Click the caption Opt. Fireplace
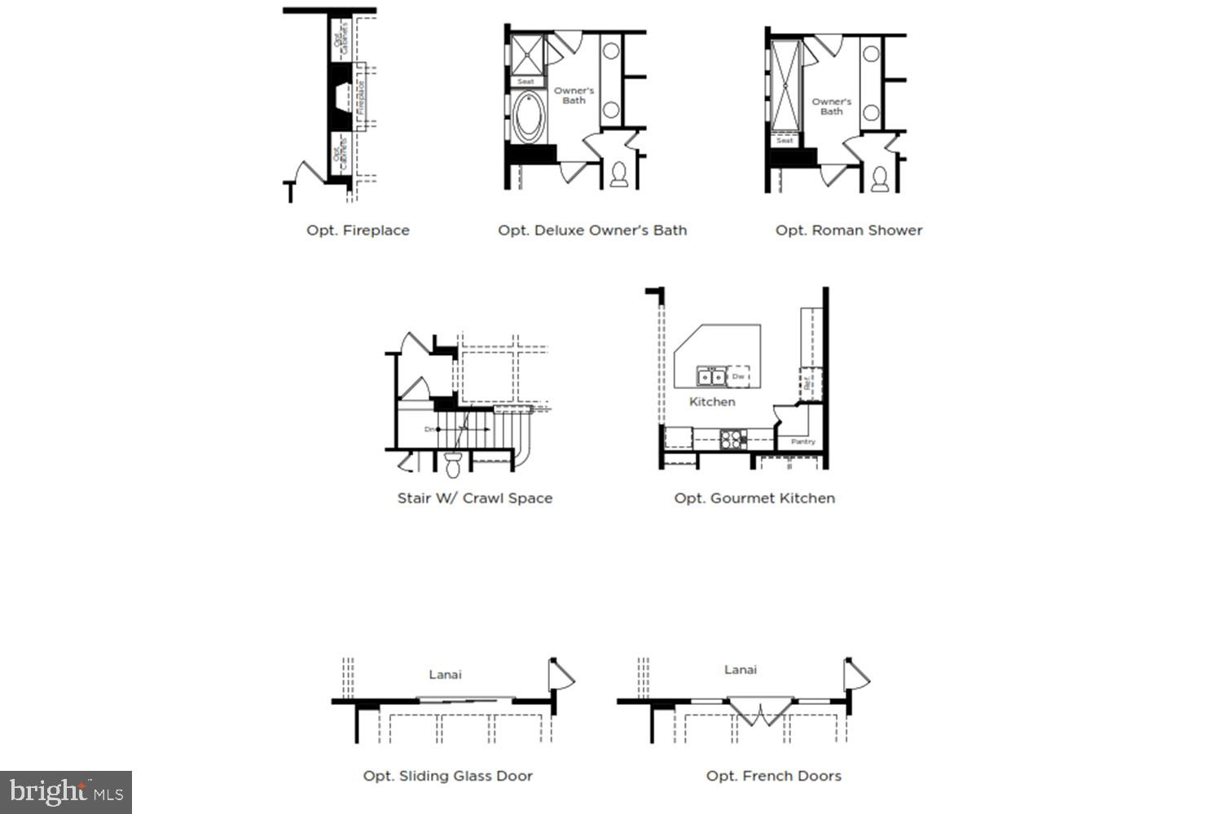(358, 230)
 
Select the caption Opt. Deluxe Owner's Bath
(592, 230)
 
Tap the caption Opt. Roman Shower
(849, 230)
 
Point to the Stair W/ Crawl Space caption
(474, 498)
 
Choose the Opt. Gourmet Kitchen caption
(754, 498)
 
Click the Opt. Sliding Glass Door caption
(447, 776)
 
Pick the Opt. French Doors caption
(773, 776)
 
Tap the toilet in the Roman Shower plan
(879, 178)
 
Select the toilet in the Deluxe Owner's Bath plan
(619, 174)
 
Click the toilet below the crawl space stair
(453, 465)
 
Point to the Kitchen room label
(712, 401)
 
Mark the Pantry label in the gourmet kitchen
(802, 442)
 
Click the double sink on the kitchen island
(710, 377)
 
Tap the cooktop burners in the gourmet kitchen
(732, 440)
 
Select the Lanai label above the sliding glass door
(445, 674)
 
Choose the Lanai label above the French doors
(740, 670)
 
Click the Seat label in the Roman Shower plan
(785, 141)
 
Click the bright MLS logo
(65, 792)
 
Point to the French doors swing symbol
(759, 712)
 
